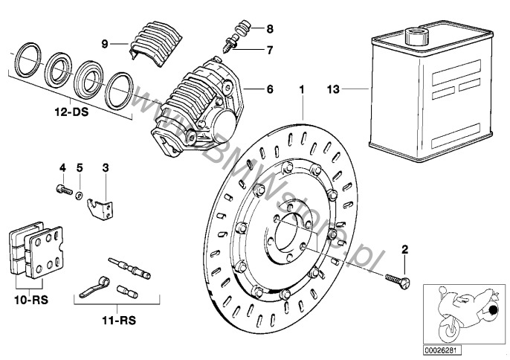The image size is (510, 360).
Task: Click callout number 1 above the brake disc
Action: point(303,89)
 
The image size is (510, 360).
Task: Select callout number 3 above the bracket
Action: point(106,168)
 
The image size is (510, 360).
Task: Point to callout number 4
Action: point(62,168)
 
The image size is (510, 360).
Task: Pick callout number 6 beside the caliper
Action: point(270,89)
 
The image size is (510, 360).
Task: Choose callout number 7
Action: point(270,50)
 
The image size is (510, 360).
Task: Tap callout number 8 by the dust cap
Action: point(270,29)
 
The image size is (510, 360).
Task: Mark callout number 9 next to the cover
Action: point(105,43)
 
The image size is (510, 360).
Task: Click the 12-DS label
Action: point(68,115)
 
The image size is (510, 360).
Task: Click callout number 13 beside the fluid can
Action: point(332,89)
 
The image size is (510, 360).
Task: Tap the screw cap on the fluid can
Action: point(413,33)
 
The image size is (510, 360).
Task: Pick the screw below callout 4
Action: point(61,190)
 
